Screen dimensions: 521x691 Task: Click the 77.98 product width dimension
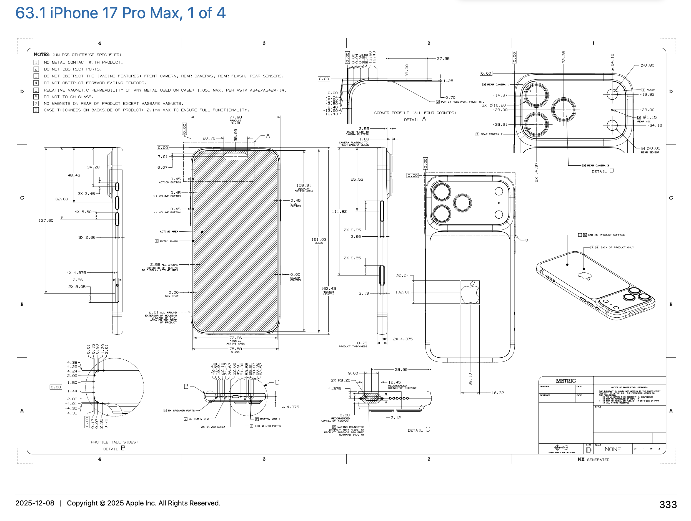pos(236,117)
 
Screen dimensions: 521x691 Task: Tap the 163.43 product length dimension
pos(328,289)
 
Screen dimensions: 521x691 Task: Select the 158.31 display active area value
pos(304,185)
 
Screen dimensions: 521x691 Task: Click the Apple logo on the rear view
pos(470,292)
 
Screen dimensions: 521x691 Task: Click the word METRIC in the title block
pos(566,381)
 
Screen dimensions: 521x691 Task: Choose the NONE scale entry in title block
pos(613,449)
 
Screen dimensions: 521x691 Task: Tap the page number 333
pos(668,504)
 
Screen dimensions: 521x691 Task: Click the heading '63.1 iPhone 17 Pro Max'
pos(120,13)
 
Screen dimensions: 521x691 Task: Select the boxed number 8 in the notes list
pos(36,110)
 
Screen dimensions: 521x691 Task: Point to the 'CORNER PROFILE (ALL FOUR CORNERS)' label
pos(415,113)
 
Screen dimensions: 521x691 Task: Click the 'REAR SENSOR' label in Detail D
pos(650,152)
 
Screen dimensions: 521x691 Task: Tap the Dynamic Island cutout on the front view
pos(236,156)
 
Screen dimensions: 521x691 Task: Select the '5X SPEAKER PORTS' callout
pos(181,411)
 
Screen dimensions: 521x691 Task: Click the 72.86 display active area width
pos(236,338)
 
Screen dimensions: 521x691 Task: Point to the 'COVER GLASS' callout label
pos(169,241)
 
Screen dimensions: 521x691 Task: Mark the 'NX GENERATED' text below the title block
pos(593,459)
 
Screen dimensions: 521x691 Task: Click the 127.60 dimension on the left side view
pos(46,221)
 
